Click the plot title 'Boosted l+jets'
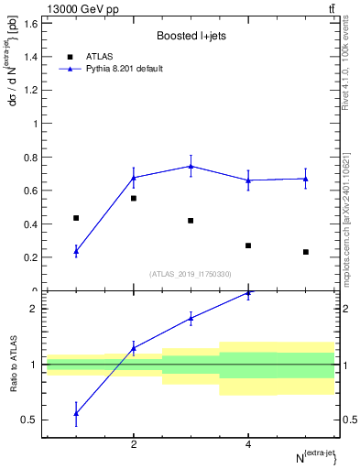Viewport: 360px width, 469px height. (x=190, y=36)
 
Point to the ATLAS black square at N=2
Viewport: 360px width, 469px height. (x=134, y=198)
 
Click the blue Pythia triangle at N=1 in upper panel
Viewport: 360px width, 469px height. (x=76, y=251)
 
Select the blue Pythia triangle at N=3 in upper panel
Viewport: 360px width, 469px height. (x=191, y=166)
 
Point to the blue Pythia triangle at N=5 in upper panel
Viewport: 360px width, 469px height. (x=306, y=179)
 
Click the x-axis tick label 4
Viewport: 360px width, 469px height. (x=248, y=445)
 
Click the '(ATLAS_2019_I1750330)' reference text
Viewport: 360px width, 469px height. (x=191, y=274)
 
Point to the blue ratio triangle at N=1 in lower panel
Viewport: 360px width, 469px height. (x=76, y=413)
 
